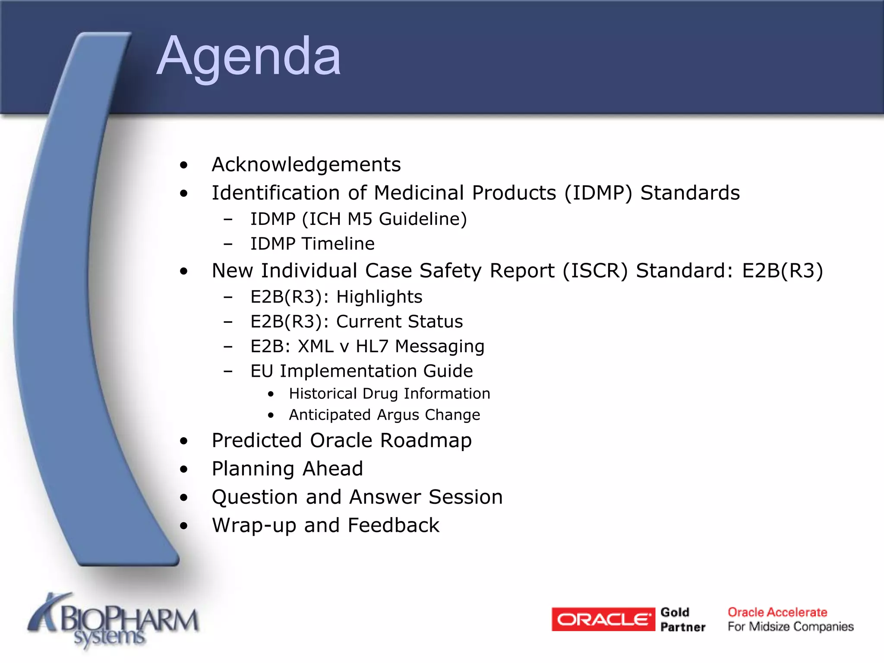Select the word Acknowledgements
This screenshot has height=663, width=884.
pyautogui.click(x=306, y=164)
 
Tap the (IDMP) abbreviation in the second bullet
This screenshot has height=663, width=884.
pyautogui.click(x=598, y=193)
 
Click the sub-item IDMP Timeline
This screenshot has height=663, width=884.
pyautogui.click(x=312, y=244)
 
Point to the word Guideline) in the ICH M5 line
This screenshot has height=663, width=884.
pyautogui.click(x=423, y=219)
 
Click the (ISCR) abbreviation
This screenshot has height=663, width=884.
pyautogui.click(x=595, y=271)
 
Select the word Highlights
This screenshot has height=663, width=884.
pyautogui.click(x=379, y=297)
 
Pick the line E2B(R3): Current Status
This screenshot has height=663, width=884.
pyautogui.click(x=356, y=322)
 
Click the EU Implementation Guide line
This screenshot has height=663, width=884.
pyautogui.click(x=361, y=371)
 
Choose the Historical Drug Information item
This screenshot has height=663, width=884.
pyautogui.click(x=389, y=394)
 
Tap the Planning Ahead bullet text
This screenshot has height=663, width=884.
pyautogui.click(x=287, y=469)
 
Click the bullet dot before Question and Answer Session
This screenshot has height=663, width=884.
pyautogui.click(x=184, y=498)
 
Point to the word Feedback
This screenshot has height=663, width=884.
pyautogui.click(x=393, y=525)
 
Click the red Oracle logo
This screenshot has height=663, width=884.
pyautogui.click(x=603, y=619)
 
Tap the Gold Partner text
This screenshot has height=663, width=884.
pyautogui.click(x=682, y=619)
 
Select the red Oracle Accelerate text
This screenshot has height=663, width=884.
pyautogui.click(x=777, y=612)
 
